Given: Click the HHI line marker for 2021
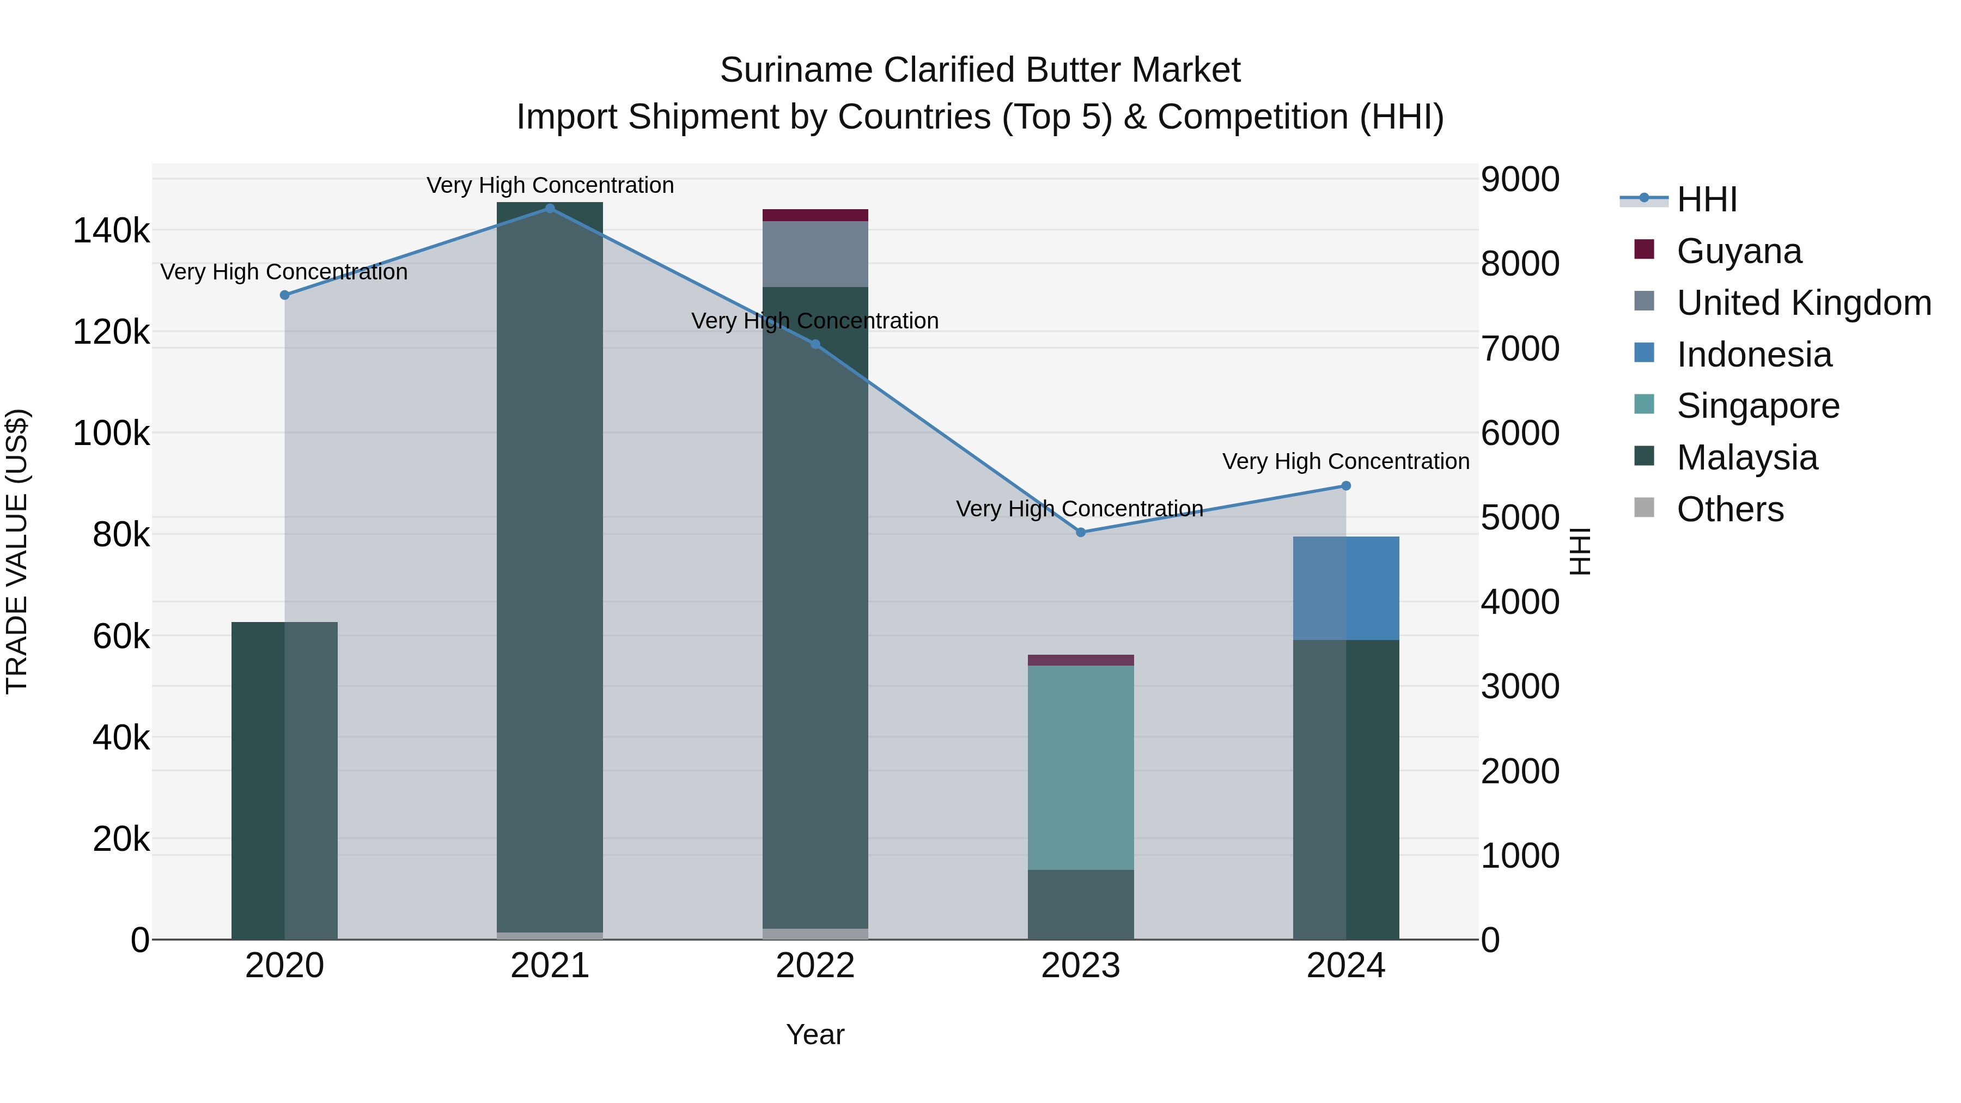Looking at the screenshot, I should (550, 209).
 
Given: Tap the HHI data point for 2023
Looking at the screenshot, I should (1080, 532).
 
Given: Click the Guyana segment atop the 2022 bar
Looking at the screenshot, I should (815, 215).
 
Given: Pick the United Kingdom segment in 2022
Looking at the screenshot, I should (815, 253).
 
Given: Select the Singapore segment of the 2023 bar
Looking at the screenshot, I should (1080, 767).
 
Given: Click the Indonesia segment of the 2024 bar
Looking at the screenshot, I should (1346, 588).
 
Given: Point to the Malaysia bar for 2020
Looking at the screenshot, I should (284, 780).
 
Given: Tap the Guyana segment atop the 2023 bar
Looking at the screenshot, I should (1080, 660).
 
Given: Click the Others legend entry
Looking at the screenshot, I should (1729, 509).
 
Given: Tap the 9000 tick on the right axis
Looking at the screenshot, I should (1519, 180).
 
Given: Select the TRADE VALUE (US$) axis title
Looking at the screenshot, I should (17, 551).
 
